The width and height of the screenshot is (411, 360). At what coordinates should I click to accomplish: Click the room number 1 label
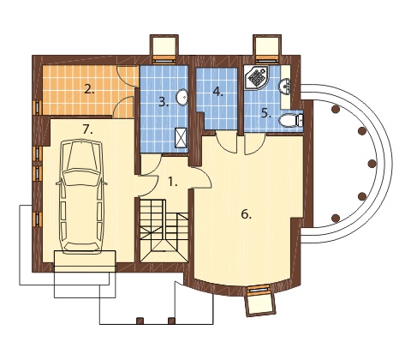point(171,182)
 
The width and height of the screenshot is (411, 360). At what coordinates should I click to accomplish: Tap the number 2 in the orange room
point(89,90)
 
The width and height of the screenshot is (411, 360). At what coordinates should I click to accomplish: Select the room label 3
point(164,102)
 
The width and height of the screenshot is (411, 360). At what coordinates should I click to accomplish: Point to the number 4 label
point(217,92)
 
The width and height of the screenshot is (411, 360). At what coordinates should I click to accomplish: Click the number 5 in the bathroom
point(266,113)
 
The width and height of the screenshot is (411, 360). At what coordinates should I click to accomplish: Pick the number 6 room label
point(246,214)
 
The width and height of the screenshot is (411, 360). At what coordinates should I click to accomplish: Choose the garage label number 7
point(87,130)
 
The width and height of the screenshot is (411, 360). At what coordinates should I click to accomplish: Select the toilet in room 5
point(290,121)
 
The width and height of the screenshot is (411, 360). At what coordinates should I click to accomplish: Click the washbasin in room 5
point(285,86)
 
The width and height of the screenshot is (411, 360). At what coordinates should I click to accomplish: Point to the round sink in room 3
point(182,97)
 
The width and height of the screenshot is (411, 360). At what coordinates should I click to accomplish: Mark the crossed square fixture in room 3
point(182,137)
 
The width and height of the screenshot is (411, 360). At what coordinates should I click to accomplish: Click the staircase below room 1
point(164,230)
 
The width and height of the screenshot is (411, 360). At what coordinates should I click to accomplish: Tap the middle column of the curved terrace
point(372,164)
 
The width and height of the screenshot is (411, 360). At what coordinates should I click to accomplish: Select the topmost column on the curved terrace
point(336,109)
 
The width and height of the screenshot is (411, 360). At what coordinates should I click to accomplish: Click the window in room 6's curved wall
point(259,290)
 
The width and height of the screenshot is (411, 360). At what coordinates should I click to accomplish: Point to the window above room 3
point(164,60)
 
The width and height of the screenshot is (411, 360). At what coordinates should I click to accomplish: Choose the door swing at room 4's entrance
point(226,142)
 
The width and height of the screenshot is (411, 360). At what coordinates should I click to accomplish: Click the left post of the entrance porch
point(140,321)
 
